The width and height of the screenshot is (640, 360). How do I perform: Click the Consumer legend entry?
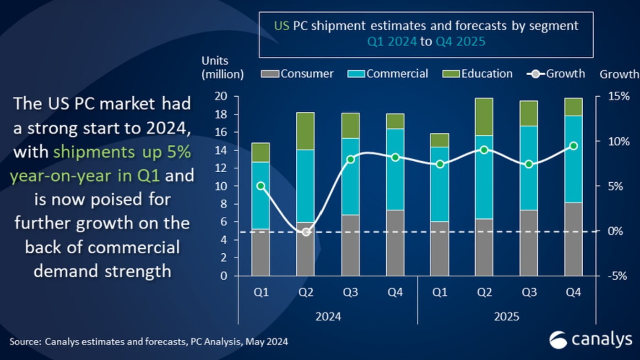point(298,74)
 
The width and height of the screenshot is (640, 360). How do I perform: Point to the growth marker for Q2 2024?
point(306,232)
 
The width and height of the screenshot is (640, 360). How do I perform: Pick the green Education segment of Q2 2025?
point(483,117)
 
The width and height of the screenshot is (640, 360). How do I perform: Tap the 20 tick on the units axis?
point(221,96)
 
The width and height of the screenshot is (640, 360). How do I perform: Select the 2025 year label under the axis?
point(506,316)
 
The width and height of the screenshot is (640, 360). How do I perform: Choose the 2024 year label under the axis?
point(328,316)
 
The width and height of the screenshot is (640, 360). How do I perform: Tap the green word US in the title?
point(282,26)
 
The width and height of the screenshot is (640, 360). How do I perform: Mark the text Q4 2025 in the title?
point(460,42)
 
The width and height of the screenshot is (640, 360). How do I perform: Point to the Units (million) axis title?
point(222,67)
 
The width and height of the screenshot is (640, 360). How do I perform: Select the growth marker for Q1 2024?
point(261,186)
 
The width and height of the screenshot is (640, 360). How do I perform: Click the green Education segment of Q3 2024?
point(350,125)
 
